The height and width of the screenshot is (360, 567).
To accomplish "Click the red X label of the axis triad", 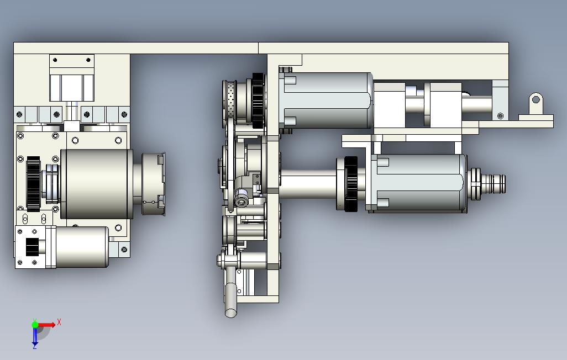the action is tap(59, 322).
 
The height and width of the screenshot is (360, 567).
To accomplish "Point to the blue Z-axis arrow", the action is tap(35, 336).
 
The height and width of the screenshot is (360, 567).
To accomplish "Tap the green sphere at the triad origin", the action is tap(35, 325).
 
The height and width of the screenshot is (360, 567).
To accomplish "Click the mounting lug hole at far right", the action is tap(536, 99).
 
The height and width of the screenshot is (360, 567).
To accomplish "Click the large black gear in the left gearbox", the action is tap(33, 184).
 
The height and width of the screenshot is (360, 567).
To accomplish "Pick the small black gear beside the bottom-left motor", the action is tap(32, 247).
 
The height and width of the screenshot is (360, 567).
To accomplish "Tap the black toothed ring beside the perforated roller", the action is tap(258, 101).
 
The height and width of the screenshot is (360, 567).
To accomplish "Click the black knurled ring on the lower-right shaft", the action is tap(351, 184).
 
